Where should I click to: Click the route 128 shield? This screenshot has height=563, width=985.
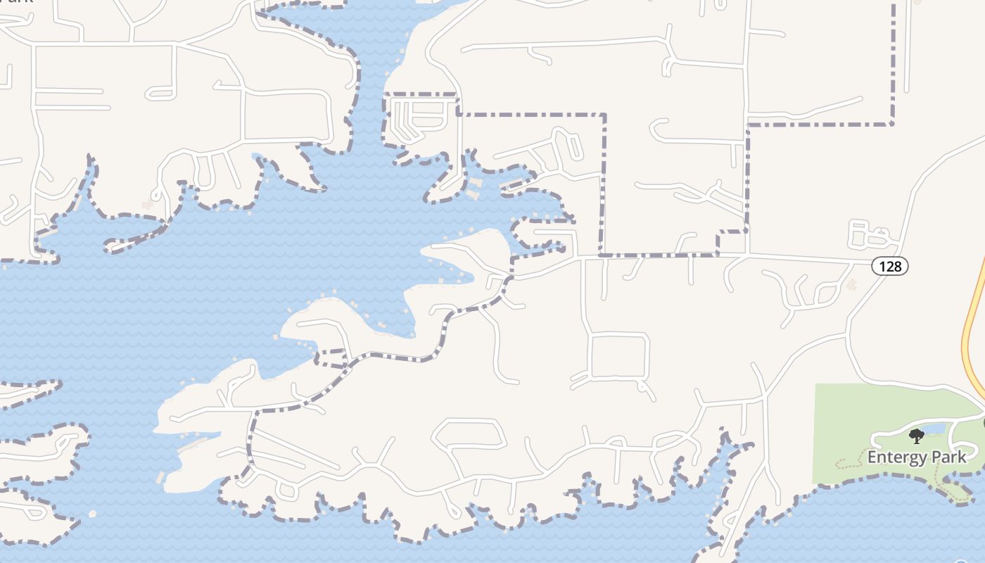pos(890,266)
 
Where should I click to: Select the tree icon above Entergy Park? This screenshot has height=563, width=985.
pos(917,436)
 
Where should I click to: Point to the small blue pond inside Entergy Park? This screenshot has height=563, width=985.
pos(932,428)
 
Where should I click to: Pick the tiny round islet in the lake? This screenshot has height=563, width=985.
pos(92,514)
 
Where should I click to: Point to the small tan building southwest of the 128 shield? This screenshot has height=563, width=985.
pos(852,284)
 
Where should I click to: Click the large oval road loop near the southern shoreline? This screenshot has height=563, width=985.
pos(469,434)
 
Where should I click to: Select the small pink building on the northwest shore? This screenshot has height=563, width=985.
pos(147,205)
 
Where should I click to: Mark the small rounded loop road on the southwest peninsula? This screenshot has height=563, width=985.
pos(286,490)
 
